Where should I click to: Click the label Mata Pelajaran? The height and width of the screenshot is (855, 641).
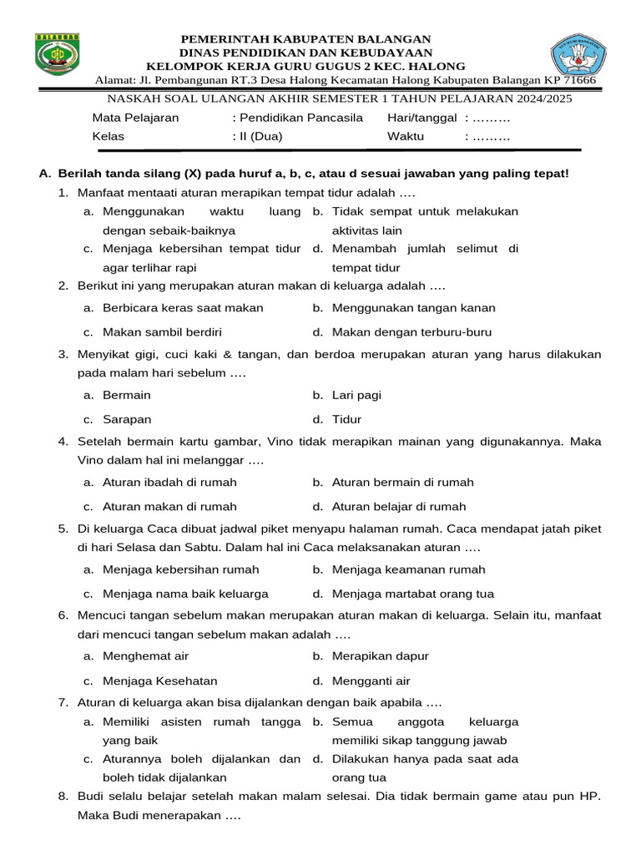pos(135,118)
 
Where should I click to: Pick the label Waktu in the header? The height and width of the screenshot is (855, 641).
pos(406,136)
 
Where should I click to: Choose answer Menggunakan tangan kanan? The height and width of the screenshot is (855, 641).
pos(413,307)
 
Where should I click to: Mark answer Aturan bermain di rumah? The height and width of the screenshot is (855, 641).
pos(402,482)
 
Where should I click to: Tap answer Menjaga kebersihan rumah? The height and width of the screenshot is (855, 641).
pos(180,569)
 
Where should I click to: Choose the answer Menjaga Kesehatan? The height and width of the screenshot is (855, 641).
pos(159,680)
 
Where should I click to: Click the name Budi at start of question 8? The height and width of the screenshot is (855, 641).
pos(92,797)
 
